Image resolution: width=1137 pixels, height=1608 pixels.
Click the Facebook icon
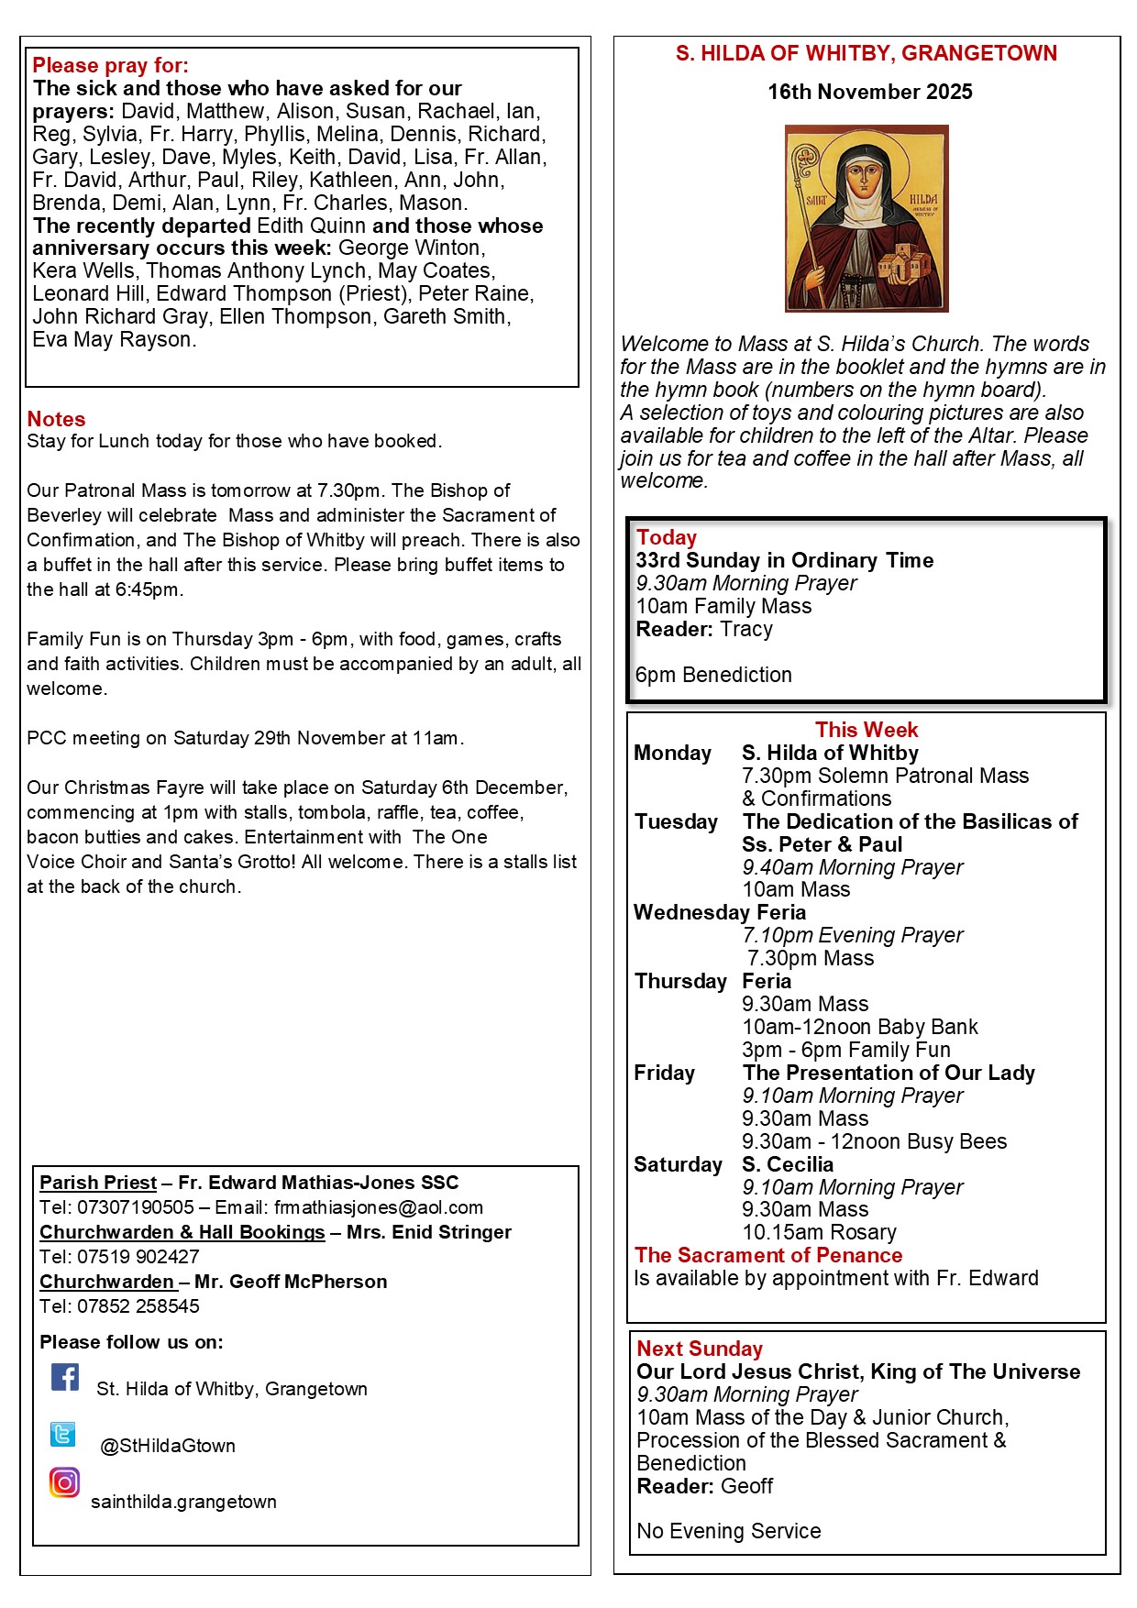click(x=65, y=1377)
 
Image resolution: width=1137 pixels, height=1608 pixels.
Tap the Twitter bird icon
click(x=63, y=1434)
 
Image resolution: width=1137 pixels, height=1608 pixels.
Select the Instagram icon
click(x=64, y=1482)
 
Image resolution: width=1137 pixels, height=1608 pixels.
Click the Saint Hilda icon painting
click(x=867, y=218)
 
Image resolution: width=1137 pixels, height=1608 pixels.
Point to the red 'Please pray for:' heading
click(x=110, y=65)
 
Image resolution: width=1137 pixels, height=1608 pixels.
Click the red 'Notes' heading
click(x=56, y=419)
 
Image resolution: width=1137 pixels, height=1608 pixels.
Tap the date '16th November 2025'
click(x=869, y=92)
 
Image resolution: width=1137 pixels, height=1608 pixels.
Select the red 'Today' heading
click(x=667, y=537)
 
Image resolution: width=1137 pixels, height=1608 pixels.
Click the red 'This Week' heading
click(x=867, y=730)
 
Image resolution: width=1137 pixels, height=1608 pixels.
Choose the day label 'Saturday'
click(x=678, y=1164)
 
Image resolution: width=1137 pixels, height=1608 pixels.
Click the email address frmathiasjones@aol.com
click(x=379, y=1207)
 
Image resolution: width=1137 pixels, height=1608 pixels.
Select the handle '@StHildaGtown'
click(x=168, y=1446)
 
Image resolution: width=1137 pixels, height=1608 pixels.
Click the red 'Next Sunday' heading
click(x=700, y=1349)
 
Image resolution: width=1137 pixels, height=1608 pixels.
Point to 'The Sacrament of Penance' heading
click(x=768, y=1255)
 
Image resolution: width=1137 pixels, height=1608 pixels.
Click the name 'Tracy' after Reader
click(x=746, y=629)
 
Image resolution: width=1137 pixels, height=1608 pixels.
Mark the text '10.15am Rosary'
click(x=820, y=1232)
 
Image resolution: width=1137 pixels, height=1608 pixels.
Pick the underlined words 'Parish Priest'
click(x=98, y=1183)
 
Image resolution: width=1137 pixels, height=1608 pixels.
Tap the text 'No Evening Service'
click(x=729, y=1531)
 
